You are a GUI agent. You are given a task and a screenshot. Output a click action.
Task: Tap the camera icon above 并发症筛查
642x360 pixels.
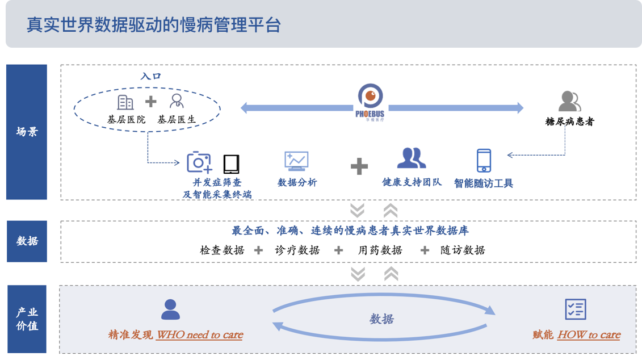(x=199, y=162)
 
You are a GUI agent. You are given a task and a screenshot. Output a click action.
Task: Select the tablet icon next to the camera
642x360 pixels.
(x=231, y=164)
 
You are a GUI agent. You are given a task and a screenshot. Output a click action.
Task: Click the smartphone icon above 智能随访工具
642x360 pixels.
(x=484, y=161)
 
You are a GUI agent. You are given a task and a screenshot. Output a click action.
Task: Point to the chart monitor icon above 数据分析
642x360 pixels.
(x=296, y=161)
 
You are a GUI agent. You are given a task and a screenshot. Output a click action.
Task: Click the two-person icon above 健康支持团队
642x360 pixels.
(x=412, y=158)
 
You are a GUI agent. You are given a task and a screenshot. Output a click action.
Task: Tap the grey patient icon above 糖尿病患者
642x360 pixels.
(x=569, y=102)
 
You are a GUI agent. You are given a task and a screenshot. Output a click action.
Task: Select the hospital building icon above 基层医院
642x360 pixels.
(x=125, y=102)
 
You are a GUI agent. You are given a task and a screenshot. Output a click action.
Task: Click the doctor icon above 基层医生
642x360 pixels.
(x=177, y=102)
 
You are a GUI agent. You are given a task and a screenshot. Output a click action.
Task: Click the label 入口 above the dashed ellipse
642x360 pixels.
(x=150, y=76)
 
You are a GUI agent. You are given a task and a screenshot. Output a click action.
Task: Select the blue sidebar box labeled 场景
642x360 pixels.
(x=27, y=132)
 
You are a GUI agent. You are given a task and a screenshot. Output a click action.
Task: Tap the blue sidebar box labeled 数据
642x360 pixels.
(x=27, y=241)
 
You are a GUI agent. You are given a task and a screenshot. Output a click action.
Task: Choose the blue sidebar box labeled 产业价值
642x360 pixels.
(x=27, y=319)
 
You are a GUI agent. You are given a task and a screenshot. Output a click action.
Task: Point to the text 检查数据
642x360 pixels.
(x=222, y=250)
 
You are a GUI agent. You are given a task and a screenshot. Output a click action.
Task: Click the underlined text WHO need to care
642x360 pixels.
(x=199, y=335)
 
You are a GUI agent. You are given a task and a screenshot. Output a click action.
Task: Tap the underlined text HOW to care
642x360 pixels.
(x=589, y=335)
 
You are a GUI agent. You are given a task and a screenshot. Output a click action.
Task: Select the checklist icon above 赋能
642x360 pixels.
(x=575, y=309)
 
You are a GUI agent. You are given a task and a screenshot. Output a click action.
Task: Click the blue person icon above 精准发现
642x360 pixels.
(x=170, y=309)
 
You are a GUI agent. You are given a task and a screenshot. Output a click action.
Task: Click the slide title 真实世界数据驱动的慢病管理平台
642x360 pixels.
(x=154, y=26)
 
